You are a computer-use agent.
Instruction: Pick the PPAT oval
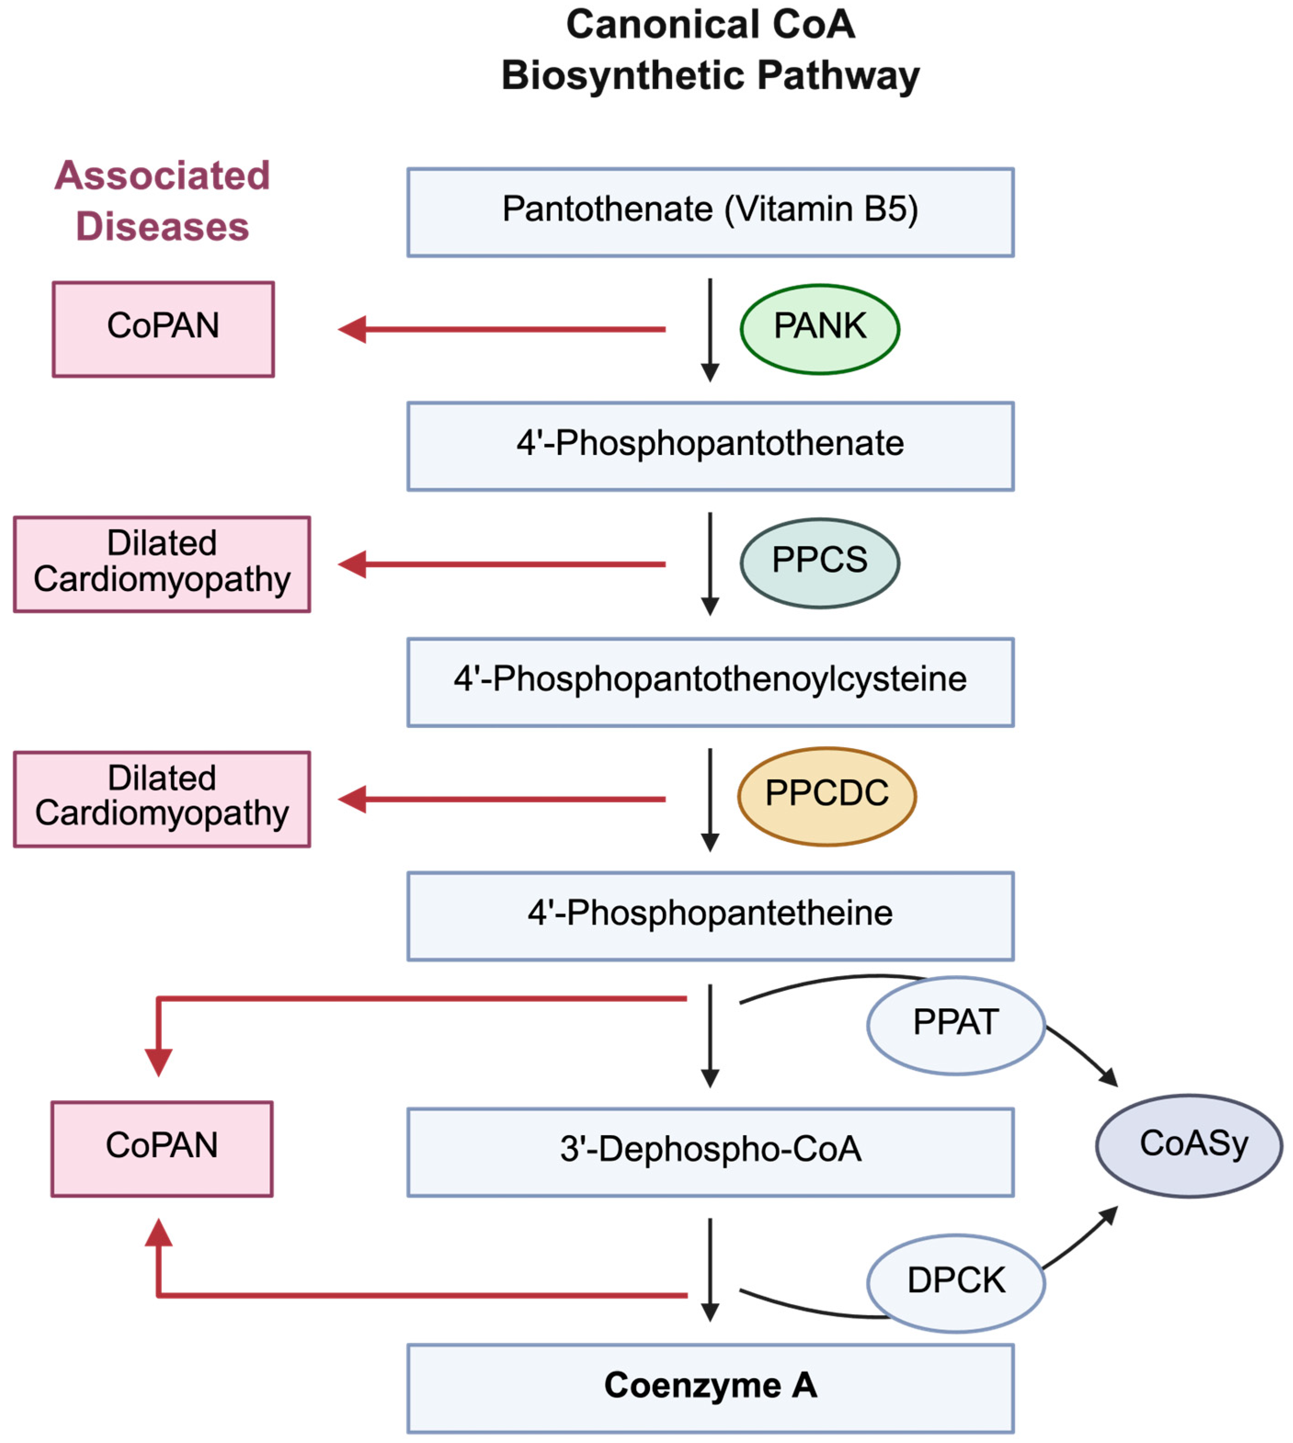point(956,1025)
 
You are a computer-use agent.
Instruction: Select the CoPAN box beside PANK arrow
point(163,329)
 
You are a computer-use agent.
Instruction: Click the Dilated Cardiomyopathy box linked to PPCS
point(162,564)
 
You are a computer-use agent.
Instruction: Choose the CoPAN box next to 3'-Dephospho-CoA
point(162,1148)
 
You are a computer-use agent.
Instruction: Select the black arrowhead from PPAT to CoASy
point(1109,1078)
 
